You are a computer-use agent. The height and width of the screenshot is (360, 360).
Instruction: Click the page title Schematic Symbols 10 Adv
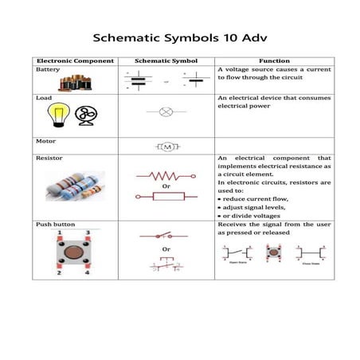[x=180, y=37]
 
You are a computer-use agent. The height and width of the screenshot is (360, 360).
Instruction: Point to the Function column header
[x=274, y=61]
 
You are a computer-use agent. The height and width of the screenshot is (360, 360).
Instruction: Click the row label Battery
[x=49, y=69]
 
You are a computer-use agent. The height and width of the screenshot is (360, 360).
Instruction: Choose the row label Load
[x=44, y=97]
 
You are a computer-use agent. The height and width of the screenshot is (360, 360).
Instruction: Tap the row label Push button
[x=54, y=225]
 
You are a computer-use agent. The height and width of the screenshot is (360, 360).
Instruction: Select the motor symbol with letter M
[x=167, y=147]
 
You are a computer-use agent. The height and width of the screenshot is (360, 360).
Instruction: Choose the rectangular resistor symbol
[x=167, y=195]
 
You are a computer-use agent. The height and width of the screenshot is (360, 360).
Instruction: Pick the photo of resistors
[x=75, y=189]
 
